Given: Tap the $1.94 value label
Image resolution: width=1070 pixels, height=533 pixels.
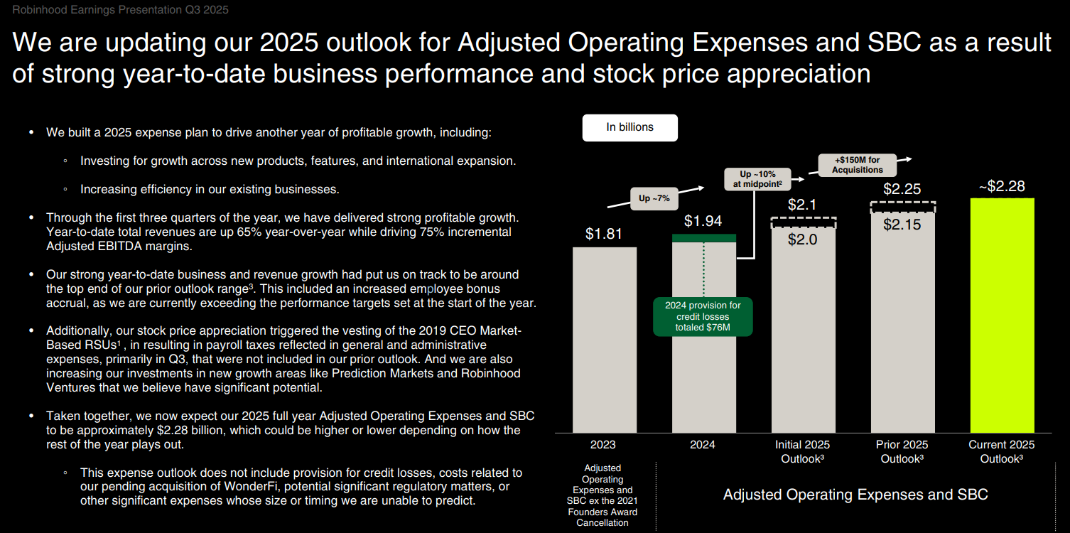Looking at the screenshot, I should (703, 221).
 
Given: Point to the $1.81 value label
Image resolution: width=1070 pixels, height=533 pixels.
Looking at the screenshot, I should (604, 234).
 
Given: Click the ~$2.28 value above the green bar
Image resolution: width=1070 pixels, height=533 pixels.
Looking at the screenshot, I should (1002, 186).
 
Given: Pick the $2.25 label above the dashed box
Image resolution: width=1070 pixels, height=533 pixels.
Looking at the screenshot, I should (902, 189).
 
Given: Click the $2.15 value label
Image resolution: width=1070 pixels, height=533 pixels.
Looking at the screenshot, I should (902, 225).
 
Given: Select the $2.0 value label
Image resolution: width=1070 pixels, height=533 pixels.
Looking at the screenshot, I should (803, 239).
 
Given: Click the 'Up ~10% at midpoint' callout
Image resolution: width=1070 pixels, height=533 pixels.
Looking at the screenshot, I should (757, 179).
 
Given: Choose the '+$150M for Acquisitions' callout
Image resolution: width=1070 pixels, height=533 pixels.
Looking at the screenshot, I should (858, 165).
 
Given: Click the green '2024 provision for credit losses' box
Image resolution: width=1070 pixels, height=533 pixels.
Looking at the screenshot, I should (703, 316).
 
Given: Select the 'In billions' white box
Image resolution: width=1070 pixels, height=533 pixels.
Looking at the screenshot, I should (629, 127).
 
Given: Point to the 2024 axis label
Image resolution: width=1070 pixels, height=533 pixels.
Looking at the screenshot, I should (703, 445).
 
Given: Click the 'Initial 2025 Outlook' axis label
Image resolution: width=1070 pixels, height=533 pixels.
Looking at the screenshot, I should (803, 451).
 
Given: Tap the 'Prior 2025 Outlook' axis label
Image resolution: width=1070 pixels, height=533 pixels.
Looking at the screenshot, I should (902, 451).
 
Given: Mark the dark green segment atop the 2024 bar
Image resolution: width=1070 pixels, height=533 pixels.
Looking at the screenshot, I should (703, 238).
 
